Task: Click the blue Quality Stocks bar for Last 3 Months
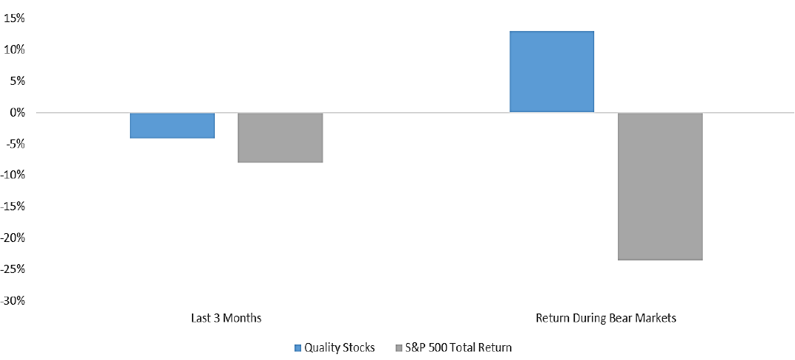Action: click(x=173, y=125)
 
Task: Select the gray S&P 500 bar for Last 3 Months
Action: click(x=281, y=137)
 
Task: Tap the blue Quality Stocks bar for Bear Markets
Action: click(x=551, y=72)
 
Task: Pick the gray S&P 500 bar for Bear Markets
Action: click(x=660, y=186)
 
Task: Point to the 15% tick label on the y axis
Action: click(x=14, y=18)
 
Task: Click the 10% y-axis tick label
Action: click(x=14, y=50)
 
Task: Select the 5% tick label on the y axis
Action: click(x=17, y=81)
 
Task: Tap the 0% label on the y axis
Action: click(x=17, y=113)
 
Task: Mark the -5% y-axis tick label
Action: click(x=16, y=144)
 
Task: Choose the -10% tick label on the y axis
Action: click(x=13, y=176)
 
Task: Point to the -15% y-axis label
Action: click(x=13, y=207)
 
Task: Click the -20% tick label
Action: click(x=13, y=238)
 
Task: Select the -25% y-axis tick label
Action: click(x=13, y=269)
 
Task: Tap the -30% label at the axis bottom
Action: click(x=13, y=301)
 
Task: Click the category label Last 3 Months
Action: click(x=226, y=319)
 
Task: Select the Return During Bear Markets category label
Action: click(x=606, y=319)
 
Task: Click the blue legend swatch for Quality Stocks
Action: click(x=297, y=348)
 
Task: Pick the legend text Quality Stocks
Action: click(x=340, y=348)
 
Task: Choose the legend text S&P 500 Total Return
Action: click(x=458, y=348)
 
